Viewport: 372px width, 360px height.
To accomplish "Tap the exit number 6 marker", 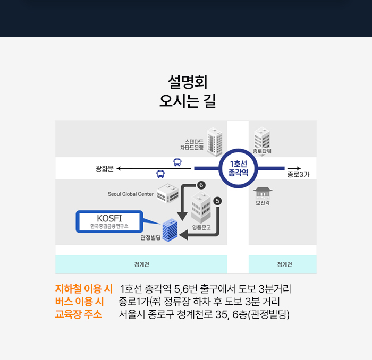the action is coord(201,185).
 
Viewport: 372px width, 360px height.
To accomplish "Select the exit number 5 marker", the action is coord(217,201).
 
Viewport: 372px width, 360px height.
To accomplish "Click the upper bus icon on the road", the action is coord(177,162).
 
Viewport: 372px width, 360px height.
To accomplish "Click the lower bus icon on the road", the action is coord(160,174).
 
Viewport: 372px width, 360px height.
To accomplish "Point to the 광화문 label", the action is coord(105,168).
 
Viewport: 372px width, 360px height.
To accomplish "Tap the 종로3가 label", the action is coord(298,174).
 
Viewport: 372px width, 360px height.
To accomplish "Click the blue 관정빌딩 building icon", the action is coord(170,230).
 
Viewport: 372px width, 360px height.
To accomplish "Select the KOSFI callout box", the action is coord(109,221).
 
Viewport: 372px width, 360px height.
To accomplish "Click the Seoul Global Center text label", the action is coord(131,194).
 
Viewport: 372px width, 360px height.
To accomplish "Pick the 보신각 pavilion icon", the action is coord(263,193).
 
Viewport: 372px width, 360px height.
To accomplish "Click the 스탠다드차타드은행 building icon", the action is coord(215,142).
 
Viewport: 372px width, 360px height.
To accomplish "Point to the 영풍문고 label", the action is coord(201,227).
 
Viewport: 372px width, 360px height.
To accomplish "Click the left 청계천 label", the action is coord(142,264).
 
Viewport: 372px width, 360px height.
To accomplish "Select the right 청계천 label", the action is coord(284,264).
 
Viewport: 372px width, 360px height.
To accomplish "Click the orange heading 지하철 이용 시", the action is coord(84,289).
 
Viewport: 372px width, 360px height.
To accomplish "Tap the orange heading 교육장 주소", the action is coord(79,314).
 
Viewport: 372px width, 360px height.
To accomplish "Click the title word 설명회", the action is coord(188,82).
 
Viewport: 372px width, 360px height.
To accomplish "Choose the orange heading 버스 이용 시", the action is coord(80,302).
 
